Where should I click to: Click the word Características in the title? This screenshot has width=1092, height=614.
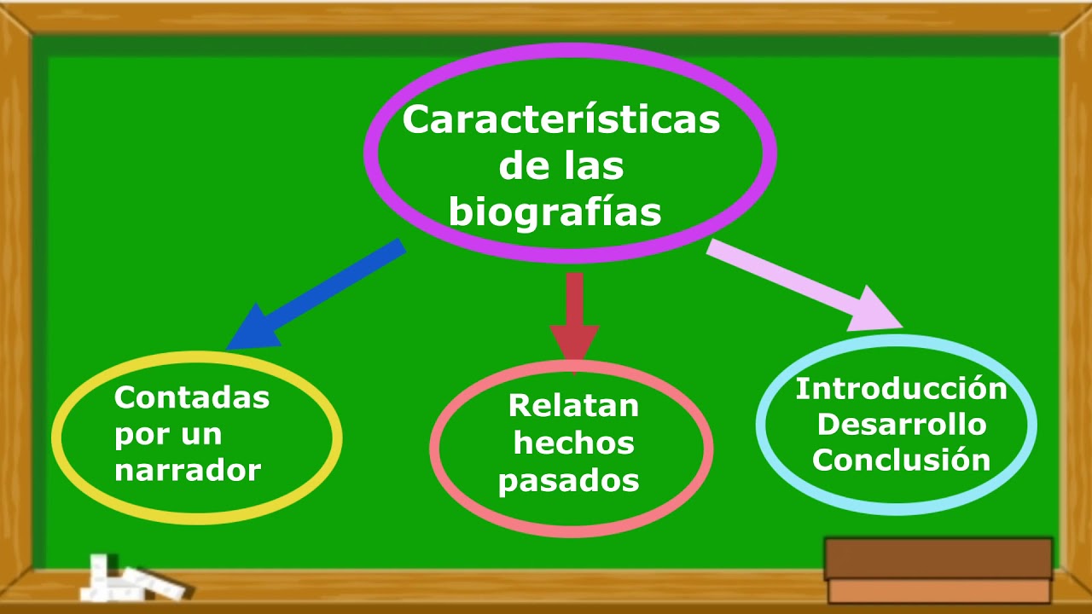pos(561,120)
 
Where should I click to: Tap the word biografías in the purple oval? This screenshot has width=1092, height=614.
pos(555,211)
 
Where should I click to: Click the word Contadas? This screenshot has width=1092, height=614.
pos(192,397)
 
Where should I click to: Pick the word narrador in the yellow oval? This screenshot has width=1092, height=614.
pos(188,470)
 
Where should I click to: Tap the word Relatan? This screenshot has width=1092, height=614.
pos(573,406)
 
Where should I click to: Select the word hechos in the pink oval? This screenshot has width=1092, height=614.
pos(573,443)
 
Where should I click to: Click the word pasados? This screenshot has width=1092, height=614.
pos(569,481)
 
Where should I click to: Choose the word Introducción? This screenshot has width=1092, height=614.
pos(901,389)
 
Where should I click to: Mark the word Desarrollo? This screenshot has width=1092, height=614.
pos(901,425)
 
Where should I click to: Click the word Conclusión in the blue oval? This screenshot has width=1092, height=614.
pos(901,460)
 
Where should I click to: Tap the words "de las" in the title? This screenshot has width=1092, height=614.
pos(561,166)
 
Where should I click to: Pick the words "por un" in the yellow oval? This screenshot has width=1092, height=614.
pos(168,434)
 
